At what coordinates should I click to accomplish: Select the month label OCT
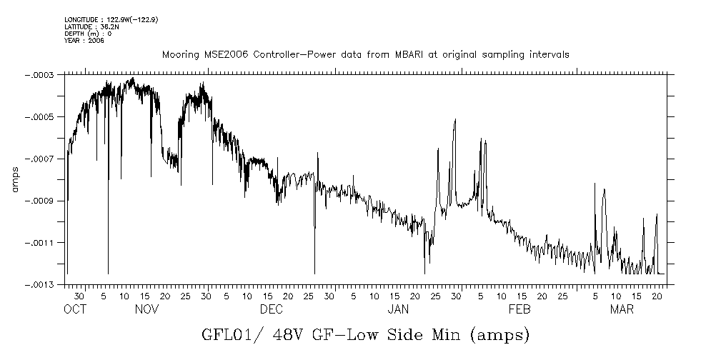click(x=74, y=310)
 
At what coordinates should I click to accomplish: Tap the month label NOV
click(x=146, y=310)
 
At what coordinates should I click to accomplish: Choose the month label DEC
click(x=271, y=310)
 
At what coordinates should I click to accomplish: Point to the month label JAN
click(x=398, y=310)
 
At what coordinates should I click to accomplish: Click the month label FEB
click(x=519, y=310)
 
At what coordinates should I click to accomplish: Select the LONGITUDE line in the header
click(x=111, y=19)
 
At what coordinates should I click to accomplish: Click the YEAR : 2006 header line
click(x=84, y=41)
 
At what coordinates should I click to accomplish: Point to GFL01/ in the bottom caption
click(x=227, y=334)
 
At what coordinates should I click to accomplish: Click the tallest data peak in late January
click(x=454, y=120)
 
